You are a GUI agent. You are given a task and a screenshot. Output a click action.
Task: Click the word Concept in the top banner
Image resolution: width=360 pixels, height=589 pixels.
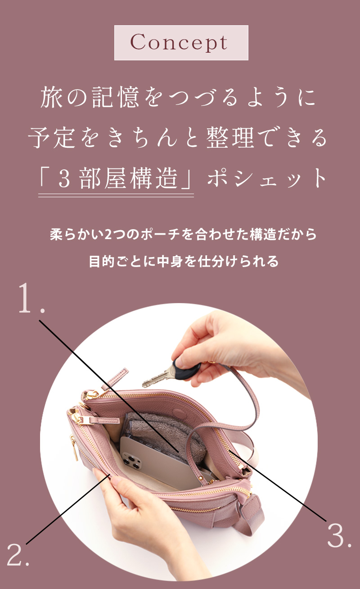[179, 43]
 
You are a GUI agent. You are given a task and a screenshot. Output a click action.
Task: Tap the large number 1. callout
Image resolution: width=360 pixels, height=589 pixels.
[31, 298]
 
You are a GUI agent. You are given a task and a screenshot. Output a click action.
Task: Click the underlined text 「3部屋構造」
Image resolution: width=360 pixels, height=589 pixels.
[116, 178]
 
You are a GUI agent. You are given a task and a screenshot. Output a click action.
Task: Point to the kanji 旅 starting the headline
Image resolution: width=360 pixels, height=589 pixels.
[52, 97]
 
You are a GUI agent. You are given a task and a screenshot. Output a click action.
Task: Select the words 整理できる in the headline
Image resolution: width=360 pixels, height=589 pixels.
[266, 138]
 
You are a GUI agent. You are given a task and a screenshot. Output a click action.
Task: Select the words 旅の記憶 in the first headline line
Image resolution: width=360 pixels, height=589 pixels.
[90, 97]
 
